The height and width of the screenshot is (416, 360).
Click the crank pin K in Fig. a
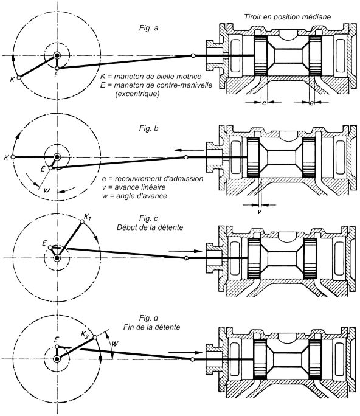(19, 78)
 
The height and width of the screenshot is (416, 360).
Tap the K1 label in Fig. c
(88, 217)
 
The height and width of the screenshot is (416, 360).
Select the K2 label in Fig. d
(85, 335)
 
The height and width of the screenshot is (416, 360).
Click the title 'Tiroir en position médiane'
(288, 17)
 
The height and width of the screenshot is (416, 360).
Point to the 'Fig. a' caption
(148, 28)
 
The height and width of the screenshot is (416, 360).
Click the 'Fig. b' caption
(148, 128)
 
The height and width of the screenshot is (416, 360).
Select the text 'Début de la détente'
(150, 227)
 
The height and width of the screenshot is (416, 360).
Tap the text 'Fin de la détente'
(152, 327)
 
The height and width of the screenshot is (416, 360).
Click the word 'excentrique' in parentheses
(137, 94)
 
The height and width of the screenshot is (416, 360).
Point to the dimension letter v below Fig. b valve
(260, 212)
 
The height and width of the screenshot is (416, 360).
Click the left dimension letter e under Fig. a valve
(264, 103)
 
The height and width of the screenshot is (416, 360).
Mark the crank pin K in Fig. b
(13, 157)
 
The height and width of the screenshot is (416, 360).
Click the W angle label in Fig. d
(114, 344)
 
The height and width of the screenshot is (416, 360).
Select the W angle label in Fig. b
(47, 190)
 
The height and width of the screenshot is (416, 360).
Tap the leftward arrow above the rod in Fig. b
(189, 150)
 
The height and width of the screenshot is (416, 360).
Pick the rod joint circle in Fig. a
(193, 55)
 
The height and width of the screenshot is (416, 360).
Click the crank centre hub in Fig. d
(57, 359)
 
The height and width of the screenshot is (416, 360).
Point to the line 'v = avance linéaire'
(134, 187)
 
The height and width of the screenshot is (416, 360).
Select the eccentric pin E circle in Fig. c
(50, 248)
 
